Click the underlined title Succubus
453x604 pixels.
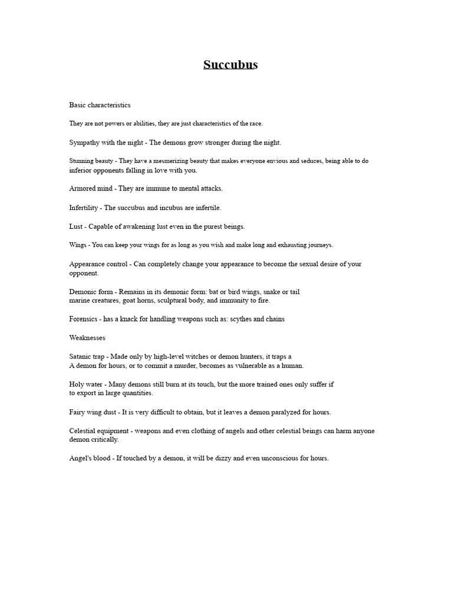[x=231, y=65]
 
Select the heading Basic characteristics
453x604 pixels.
[x=100, y=105]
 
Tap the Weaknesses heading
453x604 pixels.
[x=87, y=338]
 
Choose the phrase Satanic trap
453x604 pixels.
[x=89, y=357]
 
